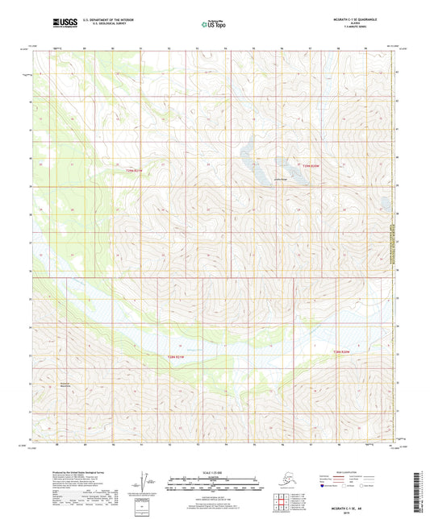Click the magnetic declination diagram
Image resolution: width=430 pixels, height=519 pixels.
coord(143,481)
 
